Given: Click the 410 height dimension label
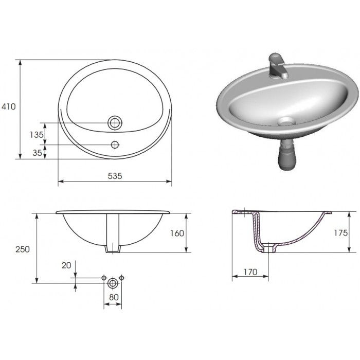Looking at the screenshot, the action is coord(9,106).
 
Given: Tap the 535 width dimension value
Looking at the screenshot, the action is coord(115,176).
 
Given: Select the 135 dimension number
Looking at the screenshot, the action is coord(37,135).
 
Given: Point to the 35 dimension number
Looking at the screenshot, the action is coord(37,153).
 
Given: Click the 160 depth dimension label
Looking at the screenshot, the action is coord(177,233).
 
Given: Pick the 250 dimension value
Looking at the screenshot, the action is coord(23,249).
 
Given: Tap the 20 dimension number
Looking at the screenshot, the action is coord(66,265).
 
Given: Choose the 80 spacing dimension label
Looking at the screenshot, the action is coord(114,297).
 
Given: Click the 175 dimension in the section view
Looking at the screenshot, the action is coord(340,233).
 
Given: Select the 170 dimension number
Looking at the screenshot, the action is coord(250,272).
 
